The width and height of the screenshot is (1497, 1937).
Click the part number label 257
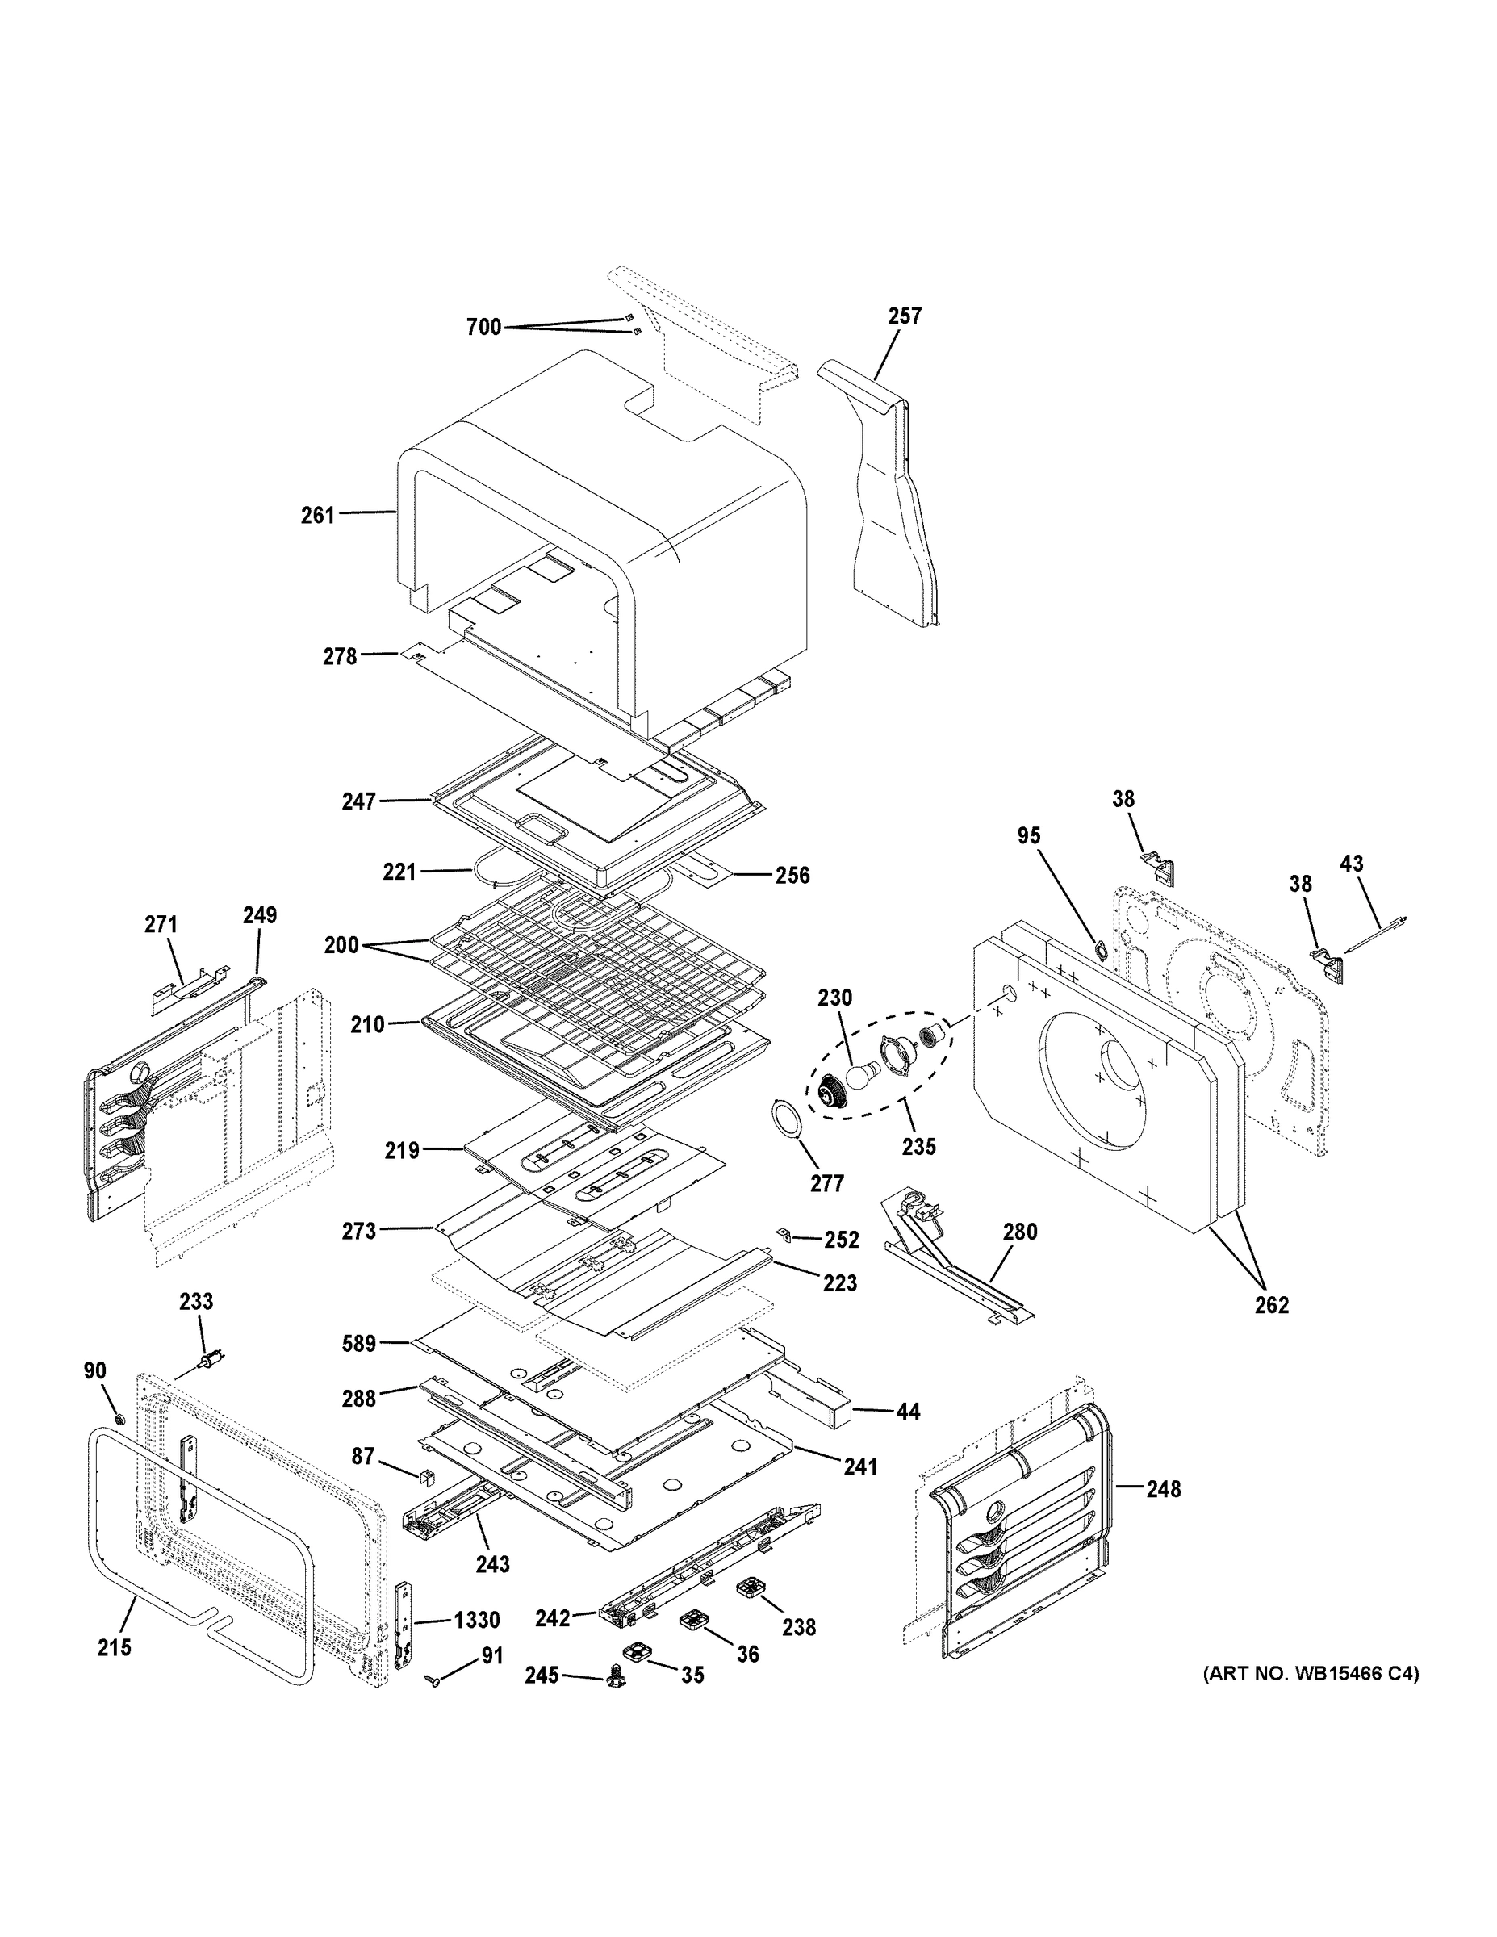point(905,316)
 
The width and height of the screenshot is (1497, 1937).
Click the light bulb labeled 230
point(859,1076)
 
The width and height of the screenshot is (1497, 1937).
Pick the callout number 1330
point(476,1620)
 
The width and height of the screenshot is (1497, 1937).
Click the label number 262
point(1271,1304)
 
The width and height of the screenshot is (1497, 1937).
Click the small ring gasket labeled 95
point(1100,951)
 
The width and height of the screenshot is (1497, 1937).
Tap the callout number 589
point(359,1344)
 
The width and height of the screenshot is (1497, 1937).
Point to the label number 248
point(1163,1489)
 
